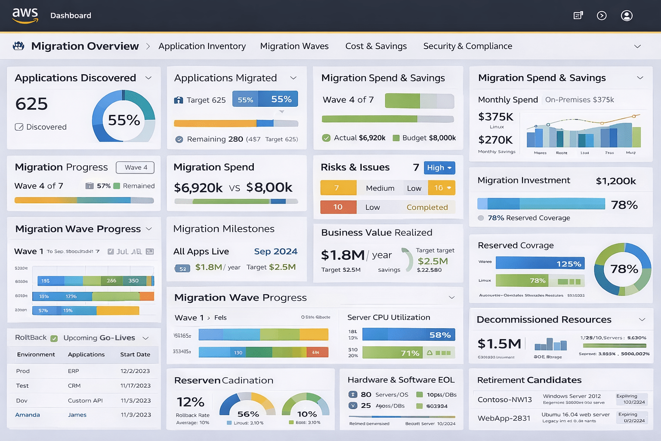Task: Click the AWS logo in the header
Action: coord(25,16)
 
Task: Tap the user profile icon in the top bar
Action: coord(627,16)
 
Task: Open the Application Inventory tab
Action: coord(202,46)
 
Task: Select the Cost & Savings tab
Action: coord(376,46)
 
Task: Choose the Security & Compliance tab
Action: coord(467,46)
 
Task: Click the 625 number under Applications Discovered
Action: coord(31,104)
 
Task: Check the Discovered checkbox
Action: coord(19,127)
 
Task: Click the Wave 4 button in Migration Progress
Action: coord(136,168)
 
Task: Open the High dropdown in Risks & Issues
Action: coord(439,168)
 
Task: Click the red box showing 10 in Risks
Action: coord(338,207)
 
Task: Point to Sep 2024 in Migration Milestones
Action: coord(275,252)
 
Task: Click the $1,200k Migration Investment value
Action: coord(615,181)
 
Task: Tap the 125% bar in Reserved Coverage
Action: coord(540,264)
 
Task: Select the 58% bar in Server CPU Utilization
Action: coord(408,335)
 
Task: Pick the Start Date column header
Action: coord(135,354)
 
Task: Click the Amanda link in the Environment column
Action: coord(28,415)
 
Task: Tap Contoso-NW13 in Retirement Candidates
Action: coord(504,400)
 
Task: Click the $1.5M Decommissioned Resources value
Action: coord(499,344)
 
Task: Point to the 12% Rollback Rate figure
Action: coord(190,402)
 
